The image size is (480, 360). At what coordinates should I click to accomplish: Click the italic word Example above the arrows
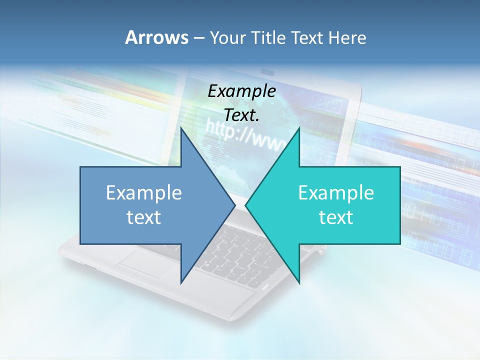click(x=242, y=91)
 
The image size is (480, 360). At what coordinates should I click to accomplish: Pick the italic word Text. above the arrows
click(x=242, y=115)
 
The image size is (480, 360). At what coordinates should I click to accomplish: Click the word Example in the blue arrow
click(x=144, y=192)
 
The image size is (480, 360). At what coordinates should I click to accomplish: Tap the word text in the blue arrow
click(x=144, y=217)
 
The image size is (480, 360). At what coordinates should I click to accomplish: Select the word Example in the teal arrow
click(x=336, y=192)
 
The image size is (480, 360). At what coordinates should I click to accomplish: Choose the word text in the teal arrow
click(x=336, y=217)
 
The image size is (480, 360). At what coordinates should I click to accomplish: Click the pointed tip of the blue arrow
click(x=234, y=205)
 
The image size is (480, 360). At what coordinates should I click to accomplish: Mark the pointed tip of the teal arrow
click(x=246, y=205)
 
